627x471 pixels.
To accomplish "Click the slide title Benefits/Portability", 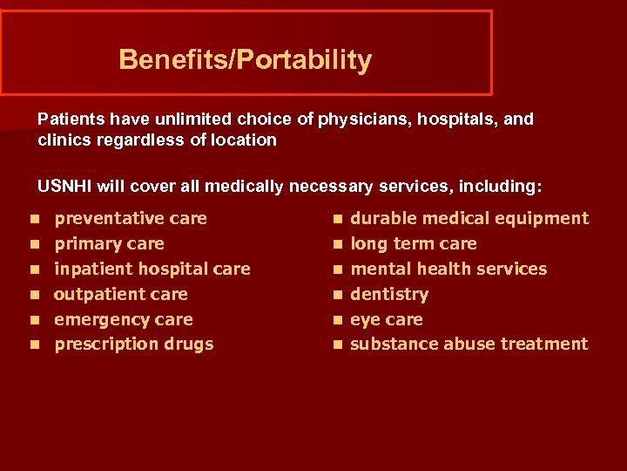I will point(245,60).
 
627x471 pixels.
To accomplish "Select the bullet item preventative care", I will point(131,218).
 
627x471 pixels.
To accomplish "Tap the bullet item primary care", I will point(109,243).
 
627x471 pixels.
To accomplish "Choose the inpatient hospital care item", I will point(152,269).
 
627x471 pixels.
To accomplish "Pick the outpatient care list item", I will point(120,294).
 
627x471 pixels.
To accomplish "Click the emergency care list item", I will point(123,319).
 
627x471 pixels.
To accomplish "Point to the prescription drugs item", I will point(133,344).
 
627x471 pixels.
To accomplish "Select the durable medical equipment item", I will point(469,218).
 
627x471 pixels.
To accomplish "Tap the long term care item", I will point(414,243).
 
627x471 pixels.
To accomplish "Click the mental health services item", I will point(448,269).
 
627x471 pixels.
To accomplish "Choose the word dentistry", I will point(389,294).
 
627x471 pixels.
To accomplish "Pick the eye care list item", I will point(386,319).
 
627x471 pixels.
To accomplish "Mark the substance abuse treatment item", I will point(469,344).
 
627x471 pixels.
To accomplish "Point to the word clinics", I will point(63,140).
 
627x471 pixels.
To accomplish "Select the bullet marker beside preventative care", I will point(33,219).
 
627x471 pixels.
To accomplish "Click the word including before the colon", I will point(502,187).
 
